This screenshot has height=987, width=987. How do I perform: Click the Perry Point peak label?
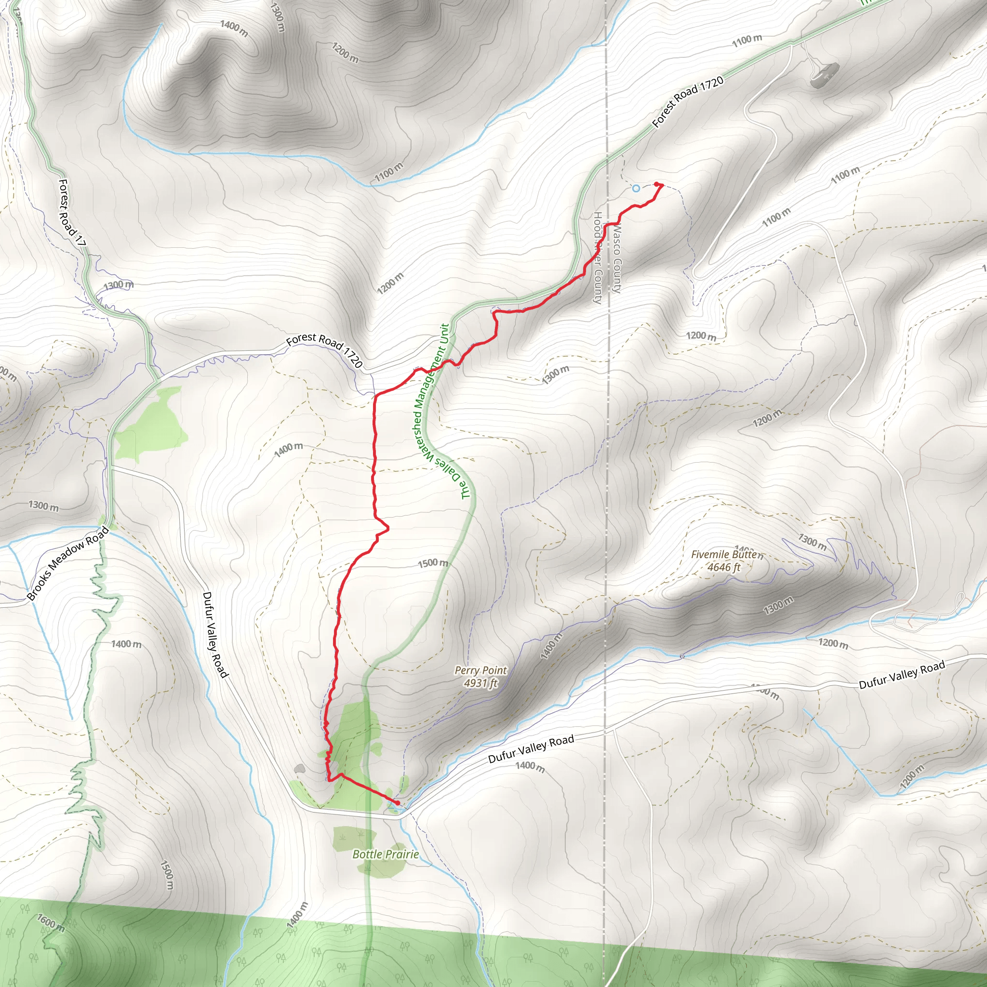(480, 670)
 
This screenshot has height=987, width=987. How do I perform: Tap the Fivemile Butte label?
(726, 555)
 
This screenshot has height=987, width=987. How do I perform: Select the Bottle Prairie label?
(386, 854)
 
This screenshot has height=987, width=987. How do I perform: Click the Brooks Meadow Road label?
(68, 563)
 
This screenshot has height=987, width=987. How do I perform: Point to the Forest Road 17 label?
(71, 213)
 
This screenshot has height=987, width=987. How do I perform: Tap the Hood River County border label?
(597, 258)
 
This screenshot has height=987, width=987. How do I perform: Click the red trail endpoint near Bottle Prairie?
(397, 803)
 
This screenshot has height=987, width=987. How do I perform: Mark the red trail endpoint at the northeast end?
(656, 185)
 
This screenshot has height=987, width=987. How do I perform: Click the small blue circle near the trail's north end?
(636, 188)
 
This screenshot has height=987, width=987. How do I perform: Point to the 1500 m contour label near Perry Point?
(433, 563)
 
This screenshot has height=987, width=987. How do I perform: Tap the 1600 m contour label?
(51, 923)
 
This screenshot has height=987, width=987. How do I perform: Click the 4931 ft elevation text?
(480, 683)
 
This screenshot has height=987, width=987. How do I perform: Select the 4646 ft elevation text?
(723, 567)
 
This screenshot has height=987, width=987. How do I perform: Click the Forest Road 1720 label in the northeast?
(688, 102)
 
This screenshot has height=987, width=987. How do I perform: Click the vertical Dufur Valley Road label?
(215, 635)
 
